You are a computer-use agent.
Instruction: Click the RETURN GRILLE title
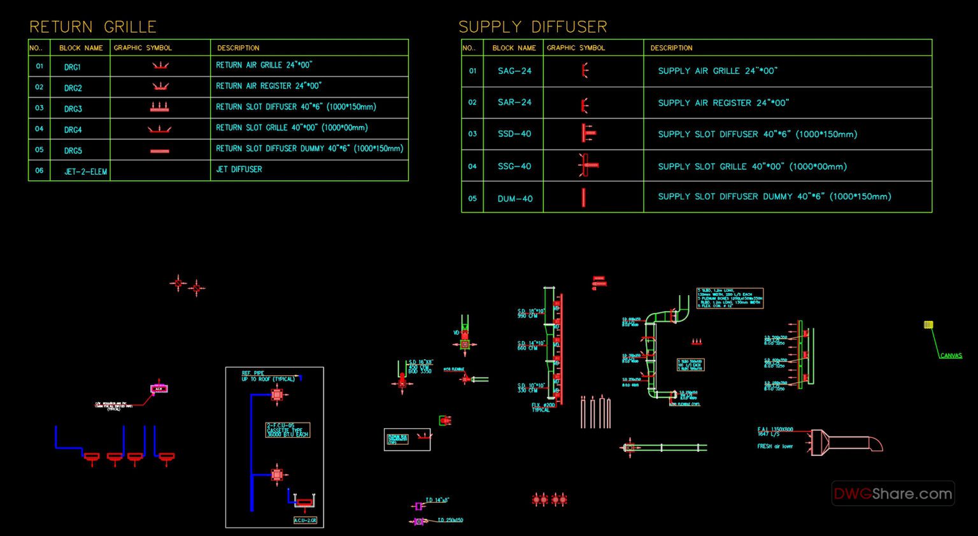93,27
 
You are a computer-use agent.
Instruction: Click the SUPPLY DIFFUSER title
532,27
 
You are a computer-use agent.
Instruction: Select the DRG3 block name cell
73,108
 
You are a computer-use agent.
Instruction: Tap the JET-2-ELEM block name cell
85,171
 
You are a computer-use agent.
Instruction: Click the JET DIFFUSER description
239,170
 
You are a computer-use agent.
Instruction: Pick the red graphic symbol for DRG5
160,151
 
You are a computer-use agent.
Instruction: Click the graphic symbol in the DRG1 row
160,66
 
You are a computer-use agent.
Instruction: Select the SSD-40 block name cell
514,134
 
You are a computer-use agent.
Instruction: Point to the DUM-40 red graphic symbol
583,198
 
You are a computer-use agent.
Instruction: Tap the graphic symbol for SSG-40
587,165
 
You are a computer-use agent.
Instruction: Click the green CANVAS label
951,356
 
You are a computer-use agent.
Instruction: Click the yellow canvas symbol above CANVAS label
928,325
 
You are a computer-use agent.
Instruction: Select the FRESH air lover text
775,446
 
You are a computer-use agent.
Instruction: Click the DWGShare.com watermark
893,493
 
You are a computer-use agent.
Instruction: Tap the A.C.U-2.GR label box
305,520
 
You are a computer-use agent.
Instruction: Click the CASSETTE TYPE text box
288,430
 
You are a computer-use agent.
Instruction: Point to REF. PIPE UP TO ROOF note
267,376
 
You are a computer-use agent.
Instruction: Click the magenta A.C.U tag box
159,388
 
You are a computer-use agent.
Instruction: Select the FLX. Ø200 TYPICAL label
543,407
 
